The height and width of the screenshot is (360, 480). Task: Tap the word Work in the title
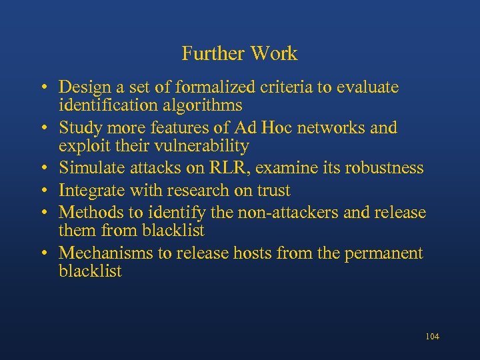pos(275,53)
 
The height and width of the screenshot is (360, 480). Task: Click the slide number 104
pos(431,337)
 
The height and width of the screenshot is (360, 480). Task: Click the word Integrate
pos(88,190)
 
